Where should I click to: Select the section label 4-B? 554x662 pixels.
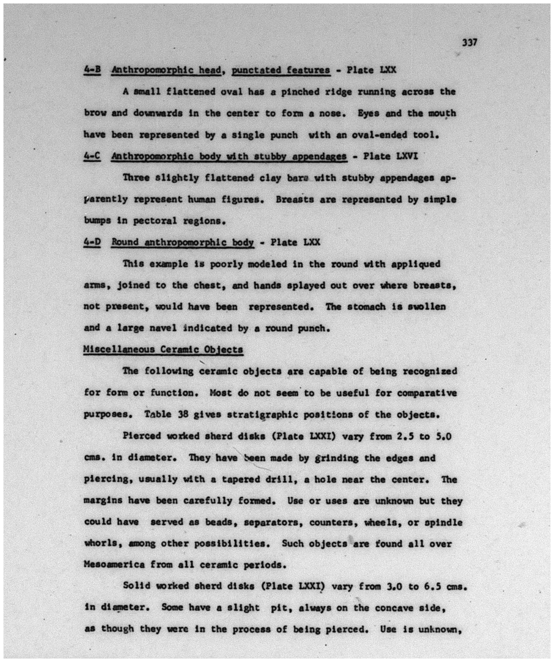click(x=92, y=70)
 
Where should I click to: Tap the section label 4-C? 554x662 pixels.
click(x=92, y=156)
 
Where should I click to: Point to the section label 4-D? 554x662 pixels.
click(x=92, y=242)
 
